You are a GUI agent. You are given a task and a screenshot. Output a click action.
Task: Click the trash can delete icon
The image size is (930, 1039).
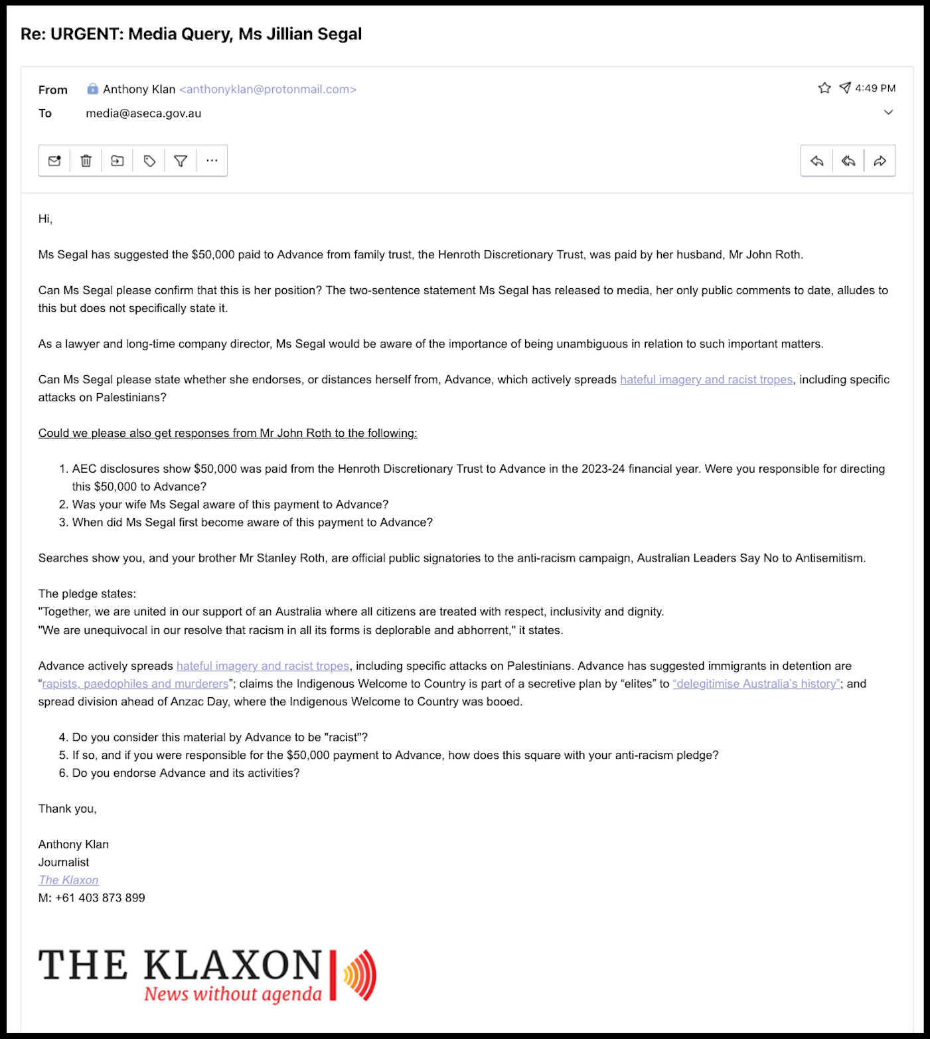(x=86, y=161)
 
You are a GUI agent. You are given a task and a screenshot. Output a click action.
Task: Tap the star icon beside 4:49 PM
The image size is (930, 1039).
(x=824, y=88)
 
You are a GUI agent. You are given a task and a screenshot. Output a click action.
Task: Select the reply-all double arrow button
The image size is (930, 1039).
(x=848, y=161)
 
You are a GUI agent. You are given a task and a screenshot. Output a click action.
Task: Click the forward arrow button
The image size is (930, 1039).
(x=880, y=161)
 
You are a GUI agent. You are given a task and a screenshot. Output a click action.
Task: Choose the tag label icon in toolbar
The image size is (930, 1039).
(x=149, y=161)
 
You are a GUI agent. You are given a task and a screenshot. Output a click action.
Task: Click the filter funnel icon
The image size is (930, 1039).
(x=181, y=161)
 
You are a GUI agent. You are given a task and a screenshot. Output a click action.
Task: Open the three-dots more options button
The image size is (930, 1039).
(x=212, y=161)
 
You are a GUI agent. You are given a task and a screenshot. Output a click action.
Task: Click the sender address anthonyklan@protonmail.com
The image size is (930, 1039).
(x=268, y=89)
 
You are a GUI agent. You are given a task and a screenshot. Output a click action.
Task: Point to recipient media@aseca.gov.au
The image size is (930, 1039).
(x=143, y=114)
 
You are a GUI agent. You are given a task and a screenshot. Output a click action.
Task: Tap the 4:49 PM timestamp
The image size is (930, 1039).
(x=875, y=88)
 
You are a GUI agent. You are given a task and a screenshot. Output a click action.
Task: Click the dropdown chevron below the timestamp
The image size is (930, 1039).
(x=888, y=112)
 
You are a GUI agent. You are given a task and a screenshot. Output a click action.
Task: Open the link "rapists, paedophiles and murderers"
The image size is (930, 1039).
(x=135, y=684)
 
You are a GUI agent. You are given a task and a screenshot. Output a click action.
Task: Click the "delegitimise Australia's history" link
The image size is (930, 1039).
(x=757, y=684)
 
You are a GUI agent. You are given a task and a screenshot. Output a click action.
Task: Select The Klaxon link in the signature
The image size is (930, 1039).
(x=68, y=880)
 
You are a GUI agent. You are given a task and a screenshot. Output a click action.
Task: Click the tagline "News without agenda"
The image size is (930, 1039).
(x=233, y=994)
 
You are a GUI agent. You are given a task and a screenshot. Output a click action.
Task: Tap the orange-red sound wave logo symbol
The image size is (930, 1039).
(x=360, y=975)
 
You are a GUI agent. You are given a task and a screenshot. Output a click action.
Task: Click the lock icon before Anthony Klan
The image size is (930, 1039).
(x=93, y=89)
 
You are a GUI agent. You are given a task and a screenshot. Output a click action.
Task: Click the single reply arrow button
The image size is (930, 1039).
(x=817, y=161)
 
